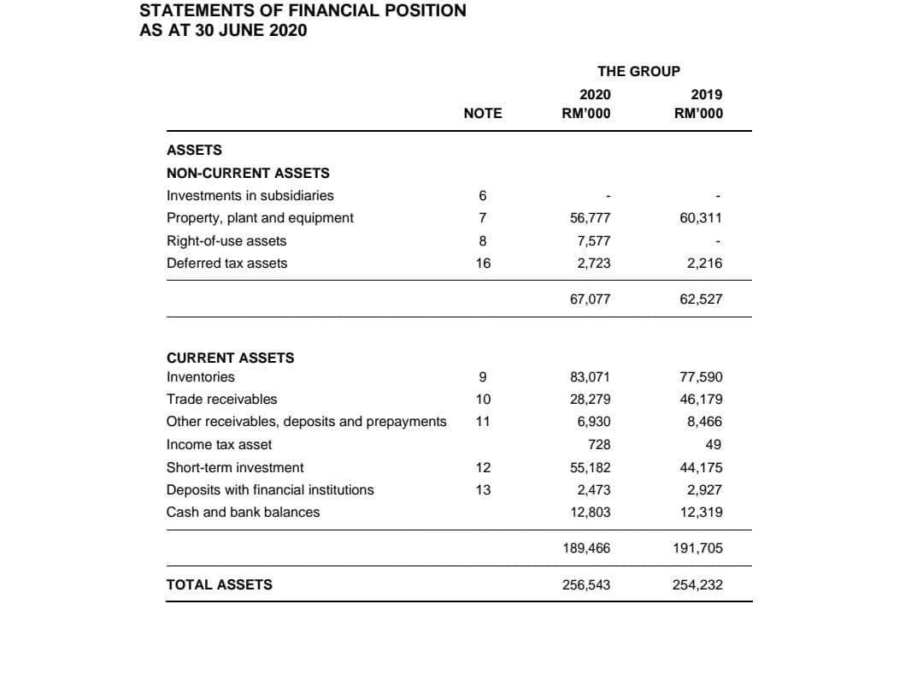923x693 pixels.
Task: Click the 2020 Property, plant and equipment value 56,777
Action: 590,218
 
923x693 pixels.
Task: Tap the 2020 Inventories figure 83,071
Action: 590,377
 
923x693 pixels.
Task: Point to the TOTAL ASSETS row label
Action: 220,585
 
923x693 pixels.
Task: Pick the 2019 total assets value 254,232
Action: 698,585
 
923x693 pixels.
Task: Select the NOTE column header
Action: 483,114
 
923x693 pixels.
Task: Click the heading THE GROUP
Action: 639,71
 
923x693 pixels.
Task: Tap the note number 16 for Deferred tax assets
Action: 483,264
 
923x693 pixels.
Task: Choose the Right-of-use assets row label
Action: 226,241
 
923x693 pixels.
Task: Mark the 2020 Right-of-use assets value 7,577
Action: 594,241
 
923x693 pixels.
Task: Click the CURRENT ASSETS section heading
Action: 230,358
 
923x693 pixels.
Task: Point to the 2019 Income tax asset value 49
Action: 714,445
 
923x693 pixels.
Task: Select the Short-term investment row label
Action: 235,468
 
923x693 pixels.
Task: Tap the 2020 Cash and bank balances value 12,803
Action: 590,512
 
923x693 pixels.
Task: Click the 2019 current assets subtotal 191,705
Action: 698,548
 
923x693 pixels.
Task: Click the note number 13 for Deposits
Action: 483,490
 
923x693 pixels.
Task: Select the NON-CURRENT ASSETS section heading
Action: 248,173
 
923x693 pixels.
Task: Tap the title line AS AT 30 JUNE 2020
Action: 223,31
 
